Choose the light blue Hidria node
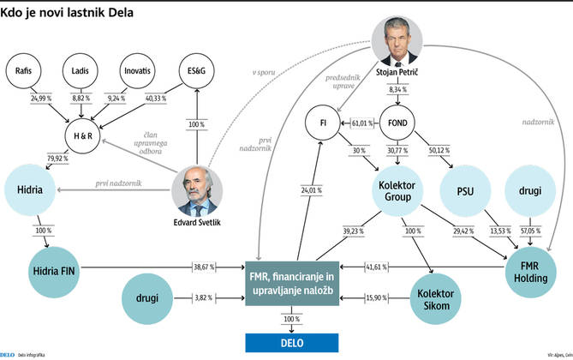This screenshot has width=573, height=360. (x=31, y=187)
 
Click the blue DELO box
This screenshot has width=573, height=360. (x=293, y=343)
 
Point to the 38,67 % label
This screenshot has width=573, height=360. (x=205, y=267)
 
